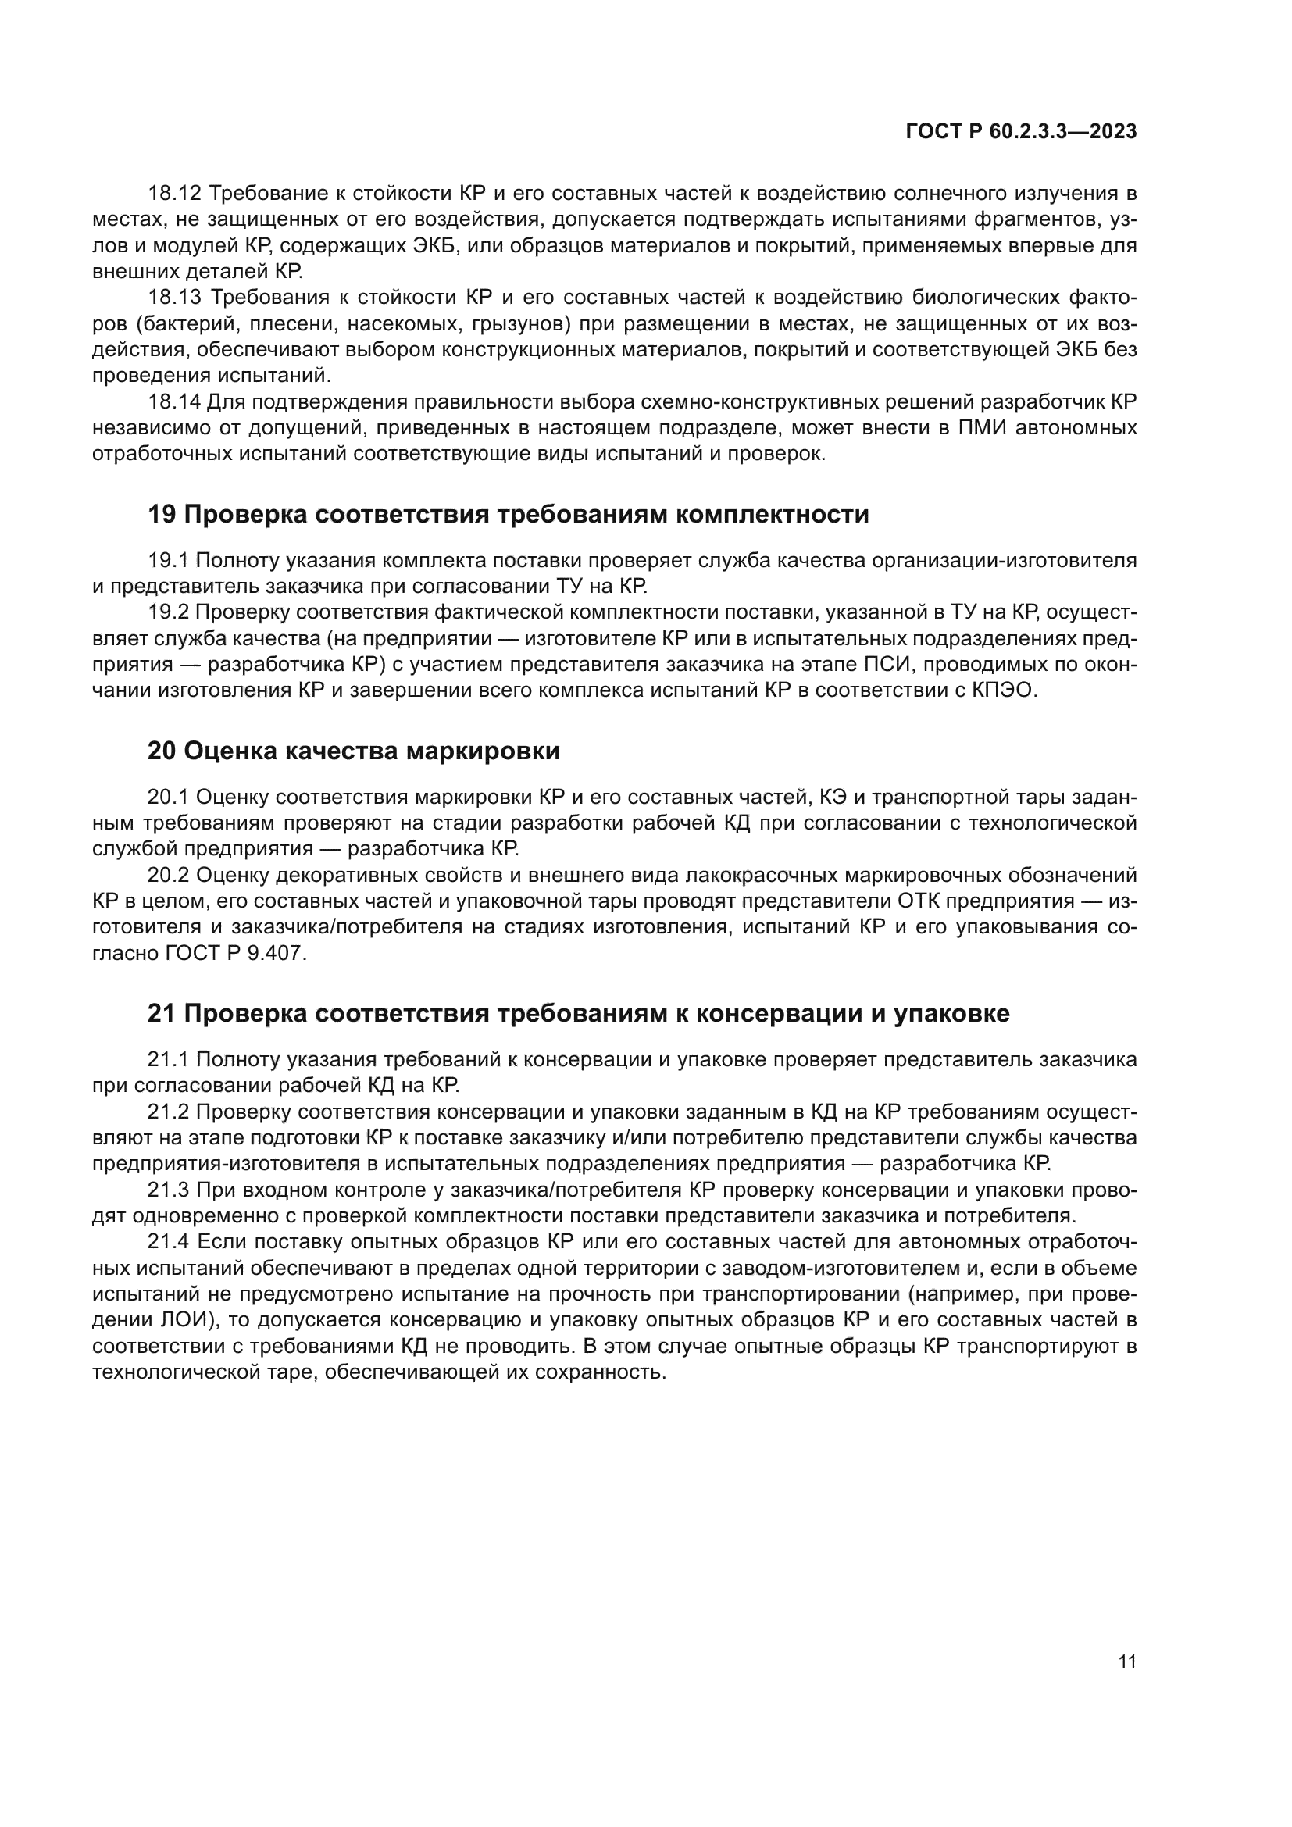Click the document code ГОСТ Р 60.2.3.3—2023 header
(1021, 132)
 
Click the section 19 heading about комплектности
(508, 515)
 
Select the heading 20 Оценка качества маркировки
(353, 751)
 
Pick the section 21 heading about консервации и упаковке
(577, 1014)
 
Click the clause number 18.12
(177, 194)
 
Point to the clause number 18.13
(177, 298)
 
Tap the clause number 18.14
(177, 401)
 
